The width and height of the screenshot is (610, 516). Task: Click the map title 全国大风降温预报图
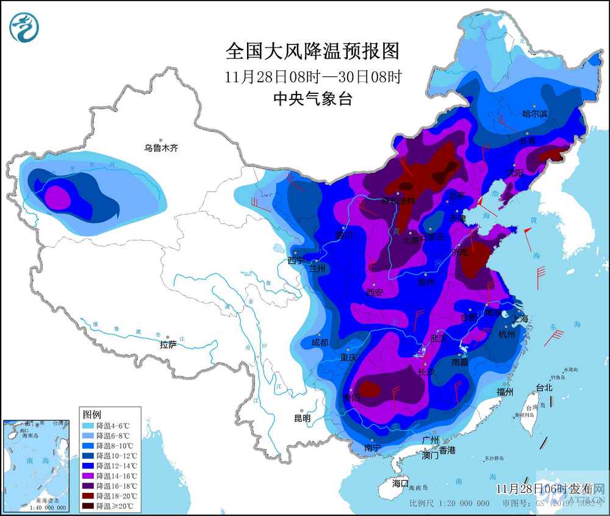(312, 52)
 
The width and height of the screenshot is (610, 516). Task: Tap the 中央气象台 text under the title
(312, 99)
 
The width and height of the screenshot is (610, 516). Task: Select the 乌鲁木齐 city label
(161, 148)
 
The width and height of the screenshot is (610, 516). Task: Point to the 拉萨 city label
(168, 345)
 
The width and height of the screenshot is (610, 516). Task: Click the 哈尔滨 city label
(536, 113)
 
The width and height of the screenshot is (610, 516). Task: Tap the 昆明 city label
(302, 418)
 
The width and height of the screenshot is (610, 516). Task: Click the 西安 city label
(375, 292)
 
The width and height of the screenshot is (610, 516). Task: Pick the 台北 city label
(544, 387)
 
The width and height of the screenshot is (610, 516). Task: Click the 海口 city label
(400, 482)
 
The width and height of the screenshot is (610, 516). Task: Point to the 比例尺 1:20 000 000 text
(449, 503)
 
